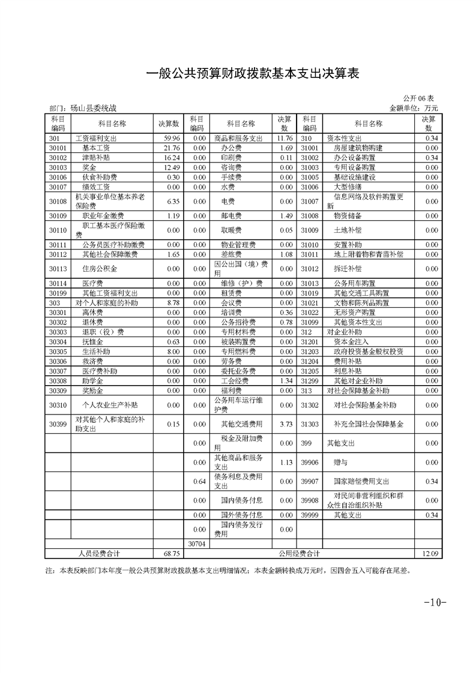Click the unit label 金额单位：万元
pyautogui.click(x=414, y=109)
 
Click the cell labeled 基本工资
pyautogui.click(x=96, y=148)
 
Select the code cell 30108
pyautogui.click(x=58, y=202)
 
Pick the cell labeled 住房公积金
pyautogui.click(x=100, y=269)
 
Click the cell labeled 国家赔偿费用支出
pyautogui.click(x=362, y=481)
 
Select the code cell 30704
pyautogui.click(x=197, y=543)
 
